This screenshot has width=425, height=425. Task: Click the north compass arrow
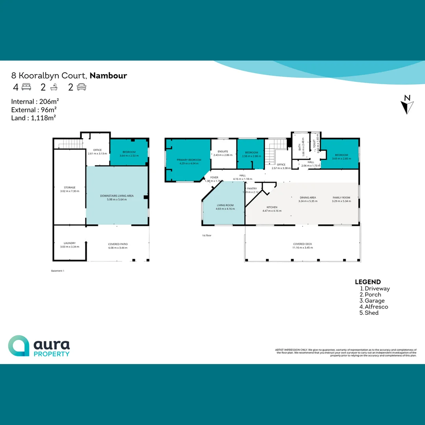coord(407,105)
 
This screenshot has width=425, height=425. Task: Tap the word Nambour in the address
coord(108,76)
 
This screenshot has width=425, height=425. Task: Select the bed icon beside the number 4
coord(26,87)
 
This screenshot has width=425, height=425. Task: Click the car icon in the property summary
coord(81,87)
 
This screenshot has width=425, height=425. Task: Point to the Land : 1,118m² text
coord(34,117)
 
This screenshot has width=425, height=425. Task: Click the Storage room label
coord(70,188)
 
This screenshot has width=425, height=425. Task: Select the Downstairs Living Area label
coord(117,196)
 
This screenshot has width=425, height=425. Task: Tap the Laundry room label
coord(70,243)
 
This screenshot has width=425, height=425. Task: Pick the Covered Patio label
coord(118,244)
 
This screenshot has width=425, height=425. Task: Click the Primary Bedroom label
coord(189,160)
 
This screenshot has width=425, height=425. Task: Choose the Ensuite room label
coord(223,152)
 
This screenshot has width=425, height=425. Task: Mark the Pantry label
coord(252,189)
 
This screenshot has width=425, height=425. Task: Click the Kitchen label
coord(272,207)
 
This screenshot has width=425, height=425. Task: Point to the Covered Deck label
coord(303,244)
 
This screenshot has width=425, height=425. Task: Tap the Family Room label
coord(341,198)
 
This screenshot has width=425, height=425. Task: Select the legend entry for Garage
coord(374,301)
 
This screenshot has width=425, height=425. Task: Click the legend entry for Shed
coord(371,313)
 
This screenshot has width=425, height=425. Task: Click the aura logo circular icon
coord(18,346)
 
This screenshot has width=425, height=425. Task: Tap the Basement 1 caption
coord(57,271)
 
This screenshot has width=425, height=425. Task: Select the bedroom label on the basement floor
coord(129,152)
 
